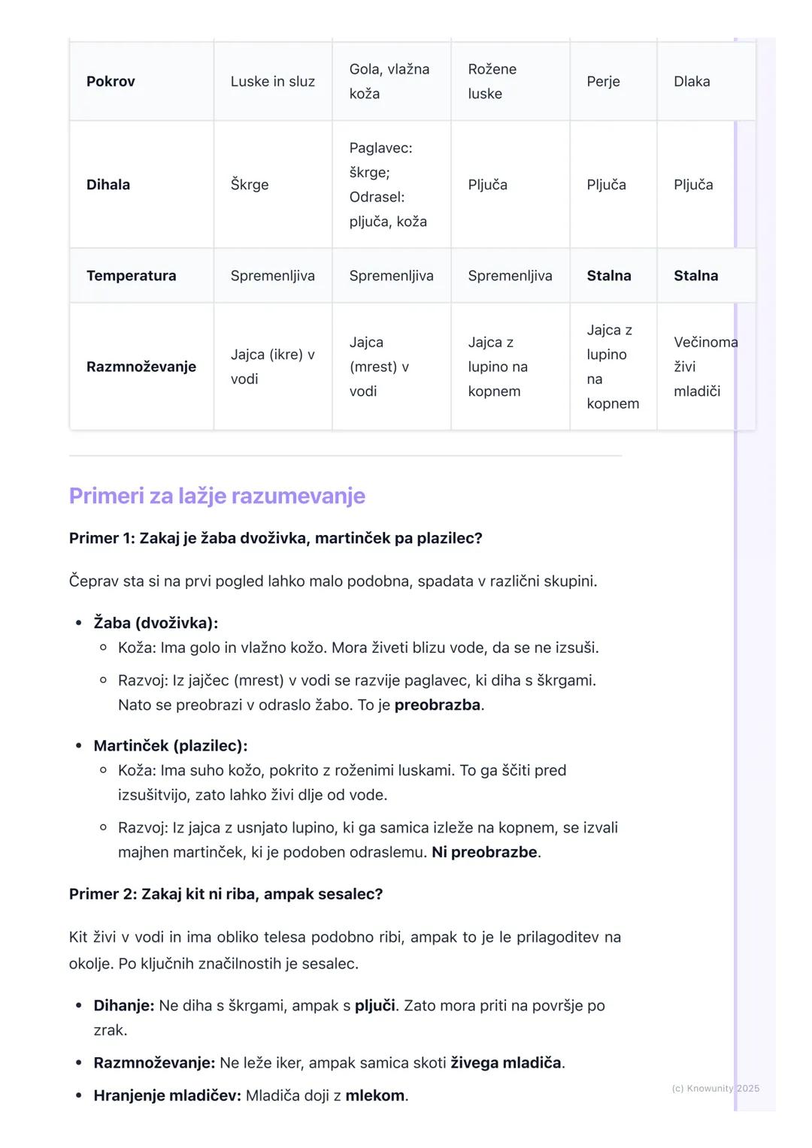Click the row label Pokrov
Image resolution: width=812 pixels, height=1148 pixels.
[111, 81]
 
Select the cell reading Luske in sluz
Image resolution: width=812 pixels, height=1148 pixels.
[272, 81]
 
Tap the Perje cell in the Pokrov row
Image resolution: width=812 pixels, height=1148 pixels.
[603, 81]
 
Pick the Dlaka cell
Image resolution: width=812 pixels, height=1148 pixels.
[692, 81]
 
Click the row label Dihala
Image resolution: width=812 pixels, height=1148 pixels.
[108, 185]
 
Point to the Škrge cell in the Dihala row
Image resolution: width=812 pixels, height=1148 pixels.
[250, 185]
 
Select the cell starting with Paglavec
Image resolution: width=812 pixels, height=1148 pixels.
[388, 185]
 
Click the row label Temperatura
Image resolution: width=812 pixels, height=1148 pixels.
[131, 276]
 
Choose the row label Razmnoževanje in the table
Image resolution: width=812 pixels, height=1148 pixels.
[141, 367]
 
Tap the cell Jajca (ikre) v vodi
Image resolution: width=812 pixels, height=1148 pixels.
[272, 367]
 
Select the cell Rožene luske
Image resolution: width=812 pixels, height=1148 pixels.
[492, 81]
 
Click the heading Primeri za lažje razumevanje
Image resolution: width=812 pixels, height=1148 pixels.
[217, 496]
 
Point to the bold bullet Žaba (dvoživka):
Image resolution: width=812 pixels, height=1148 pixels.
[156, 623]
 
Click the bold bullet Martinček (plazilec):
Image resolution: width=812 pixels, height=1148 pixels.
[170, 746]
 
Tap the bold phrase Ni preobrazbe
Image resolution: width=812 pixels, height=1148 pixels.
[484, 852]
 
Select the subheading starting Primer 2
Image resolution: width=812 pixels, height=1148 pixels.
[226, 894]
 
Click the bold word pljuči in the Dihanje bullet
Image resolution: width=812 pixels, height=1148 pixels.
[374, 1005]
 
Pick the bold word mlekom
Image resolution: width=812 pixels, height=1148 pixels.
[374, 1095]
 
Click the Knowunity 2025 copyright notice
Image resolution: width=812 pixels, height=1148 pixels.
[715, 1088]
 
